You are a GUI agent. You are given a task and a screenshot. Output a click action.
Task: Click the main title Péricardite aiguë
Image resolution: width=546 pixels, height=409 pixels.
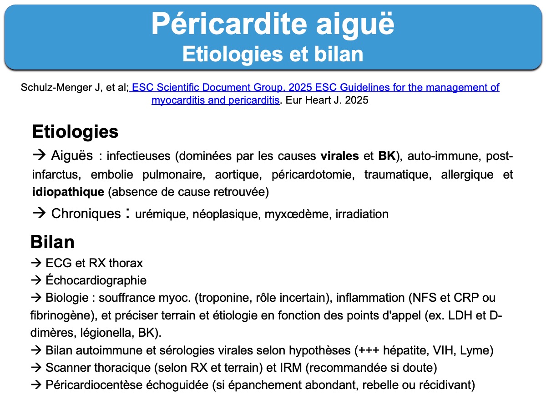[x=273, y=25]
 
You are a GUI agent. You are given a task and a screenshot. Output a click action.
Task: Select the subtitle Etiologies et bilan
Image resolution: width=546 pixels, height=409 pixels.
[x=273, y=54]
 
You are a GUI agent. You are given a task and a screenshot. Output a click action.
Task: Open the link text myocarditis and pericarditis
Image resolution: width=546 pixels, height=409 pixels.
[x=215, y=100]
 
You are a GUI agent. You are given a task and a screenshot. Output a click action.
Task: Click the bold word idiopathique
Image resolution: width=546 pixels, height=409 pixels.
[x=68, y=192]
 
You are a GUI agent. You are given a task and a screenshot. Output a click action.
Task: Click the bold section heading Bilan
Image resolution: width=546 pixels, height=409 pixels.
[x=52, y=242]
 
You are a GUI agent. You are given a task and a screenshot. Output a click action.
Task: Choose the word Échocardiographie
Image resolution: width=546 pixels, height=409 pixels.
[x=96, y=280]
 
